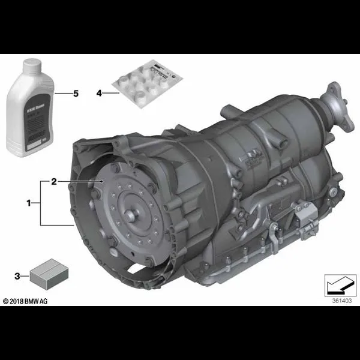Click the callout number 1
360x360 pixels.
point(28,203)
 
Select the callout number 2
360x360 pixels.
point(54,181)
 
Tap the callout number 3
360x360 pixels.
point(17,275)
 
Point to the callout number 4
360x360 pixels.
point(100,93)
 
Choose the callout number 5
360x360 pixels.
point(76,94)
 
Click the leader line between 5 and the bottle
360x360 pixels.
point(62,94)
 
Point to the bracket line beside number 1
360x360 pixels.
point(41,203)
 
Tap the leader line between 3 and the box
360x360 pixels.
point(26,275)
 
